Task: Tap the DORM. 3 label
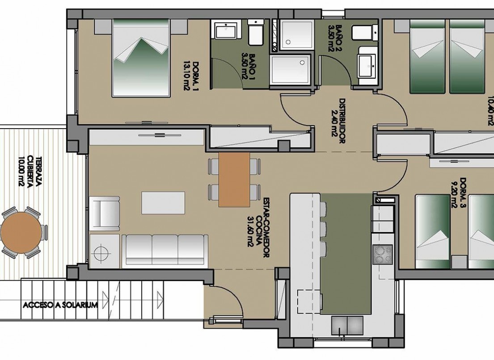click(460, 193)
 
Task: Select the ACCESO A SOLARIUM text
click(60, 305)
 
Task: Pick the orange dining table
click(234, 180)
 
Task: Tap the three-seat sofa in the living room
click(166, 250)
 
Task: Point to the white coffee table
click(163, 203)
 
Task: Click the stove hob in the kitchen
click(382, 254)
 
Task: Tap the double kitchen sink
click(347, 325)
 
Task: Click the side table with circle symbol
click(105, 251)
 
